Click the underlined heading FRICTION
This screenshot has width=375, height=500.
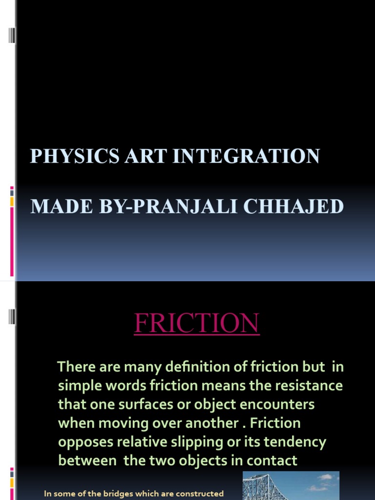coord(197,323)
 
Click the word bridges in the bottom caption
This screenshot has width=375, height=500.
coord(113,494)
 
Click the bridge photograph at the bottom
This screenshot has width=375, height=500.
coord(291,486)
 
